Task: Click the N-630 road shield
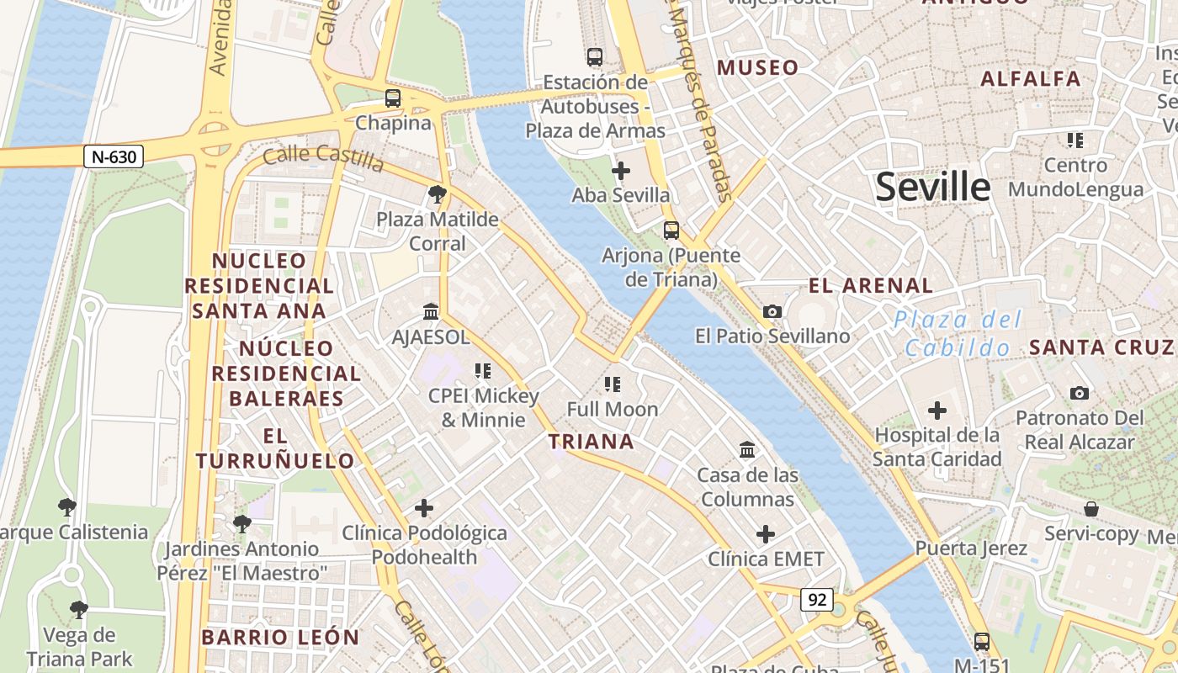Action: point(114,156)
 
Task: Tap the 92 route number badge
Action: point(816,600)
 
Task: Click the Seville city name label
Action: point(932,187)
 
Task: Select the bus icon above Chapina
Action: point(393,98)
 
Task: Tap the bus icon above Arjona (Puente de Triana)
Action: point(671,230)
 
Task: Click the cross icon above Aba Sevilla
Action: point(620,171)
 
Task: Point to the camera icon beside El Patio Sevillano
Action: point(772,311)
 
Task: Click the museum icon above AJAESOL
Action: point(431,312)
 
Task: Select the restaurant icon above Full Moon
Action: point(613,384)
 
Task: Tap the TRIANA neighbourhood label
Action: point(591,442)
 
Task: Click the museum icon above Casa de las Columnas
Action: point(747,450)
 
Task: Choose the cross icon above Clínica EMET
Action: point(765,534)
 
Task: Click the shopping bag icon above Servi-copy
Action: point(1090,509)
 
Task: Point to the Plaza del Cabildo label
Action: point(958,333)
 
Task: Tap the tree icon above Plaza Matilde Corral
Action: point(437,195)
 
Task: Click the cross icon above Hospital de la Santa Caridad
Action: point(937,411)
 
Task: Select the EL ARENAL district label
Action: point(871,285)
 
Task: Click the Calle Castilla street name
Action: point(323,157)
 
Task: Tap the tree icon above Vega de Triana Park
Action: point(79,609)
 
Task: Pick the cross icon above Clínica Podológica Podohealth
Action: point(424,508)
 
